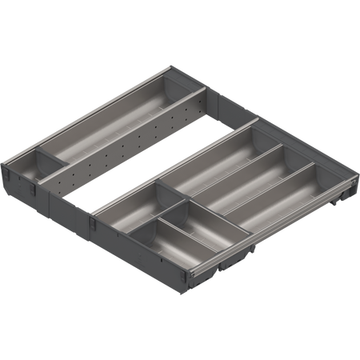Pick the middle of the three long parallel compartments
240,179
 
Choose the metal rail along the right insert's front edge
272,240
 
